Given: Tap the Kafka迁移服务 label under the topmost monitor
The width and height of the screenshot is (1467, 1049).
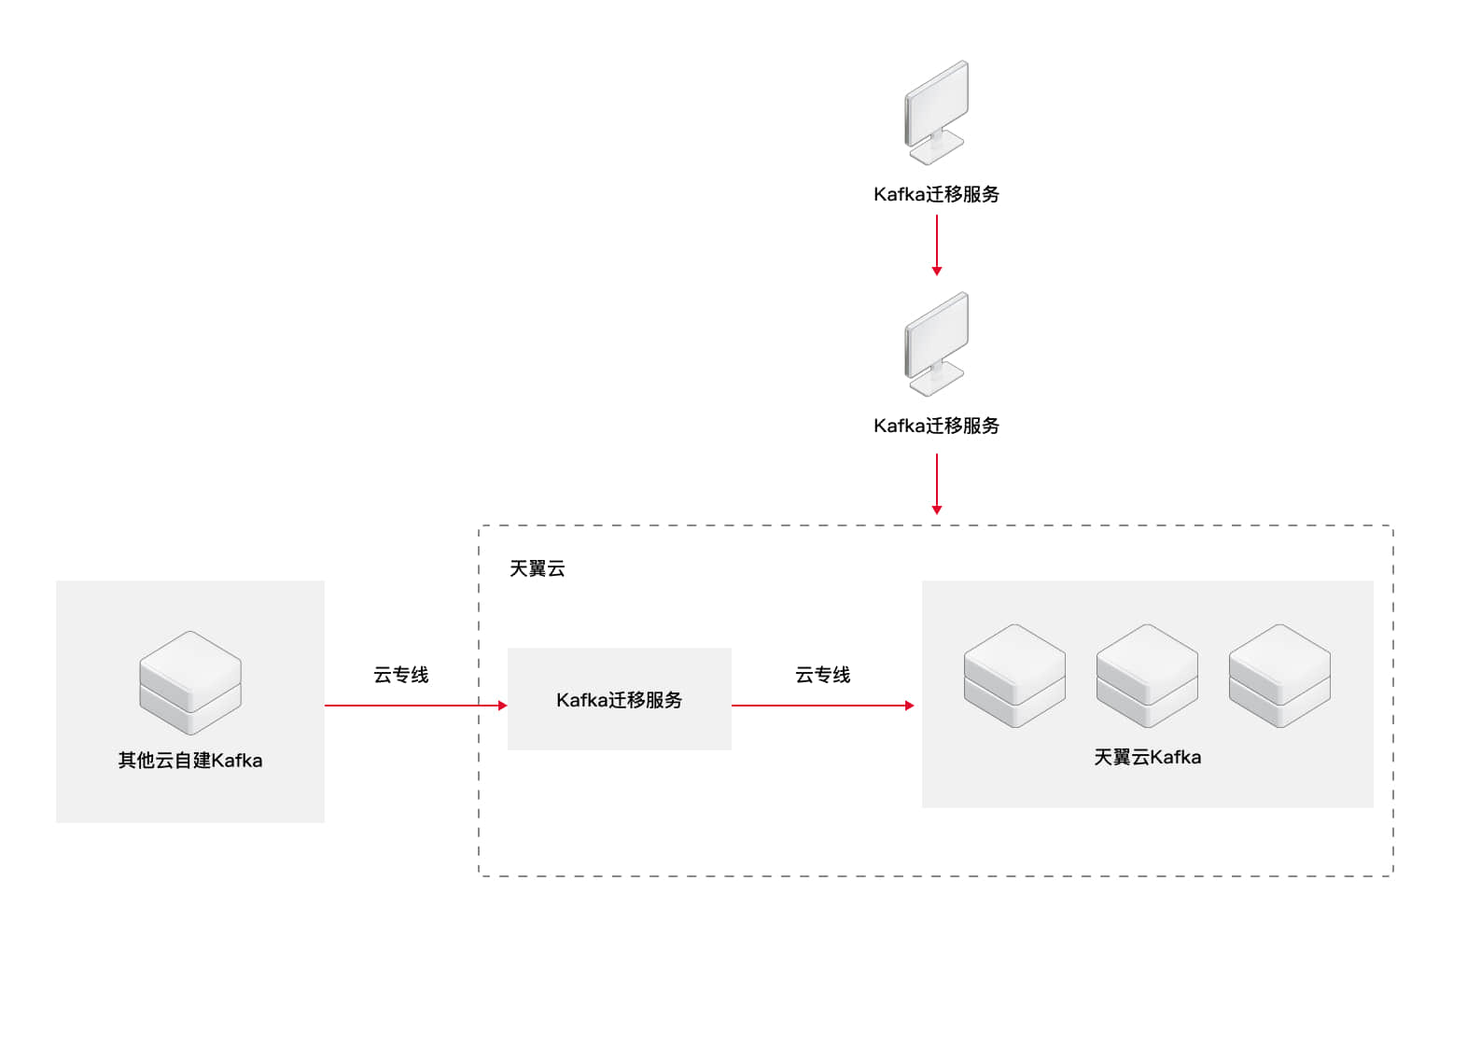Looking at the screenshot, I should (x=936, y=194).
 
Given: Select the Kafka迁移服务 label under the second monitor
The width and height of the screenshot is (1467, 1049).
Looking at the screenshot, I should (x=936, y=426).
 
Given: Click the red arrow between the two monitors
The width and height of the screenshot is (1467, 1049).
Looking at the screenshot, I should (x=937, y=245).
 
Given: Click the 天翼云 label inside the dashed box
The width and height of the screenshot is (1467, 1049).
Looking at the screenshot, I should (x=537, y=568).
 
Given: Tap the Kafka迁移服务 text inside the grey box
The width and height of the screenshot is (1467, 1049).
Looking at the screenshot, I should (x=619, y=700).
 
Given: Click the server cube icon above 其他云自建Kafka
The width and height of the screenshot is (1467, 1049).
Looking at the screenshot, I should (x=190, y=682).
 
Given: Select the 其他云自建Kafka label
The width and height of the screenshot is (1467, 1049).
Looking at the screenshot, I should (x=190, y=761).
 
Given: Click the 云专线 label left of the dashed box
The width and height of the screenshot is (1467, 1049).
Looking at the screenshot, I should (x=400, y=675).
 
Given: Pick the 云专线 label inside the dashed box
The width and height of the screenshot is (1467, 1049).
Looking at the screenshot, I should (x=822, y=675).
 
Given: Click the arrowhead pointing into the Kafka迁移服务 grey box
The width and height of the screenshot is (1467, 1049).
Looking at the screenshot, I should (x=502, y=706).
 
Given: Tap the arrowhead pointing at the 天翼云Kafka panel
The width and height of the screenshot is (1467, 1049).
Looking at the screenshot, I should (x=909, y=706).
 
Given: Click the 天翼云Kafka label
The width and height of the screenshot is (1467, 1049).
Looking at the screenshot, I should (x=1147, y=757).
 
